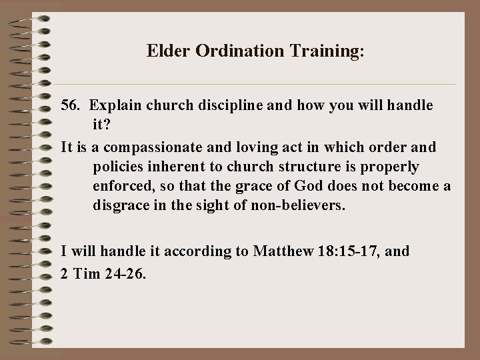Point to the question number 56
tap(71, 105)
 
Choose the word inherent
tap(181, 166)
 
